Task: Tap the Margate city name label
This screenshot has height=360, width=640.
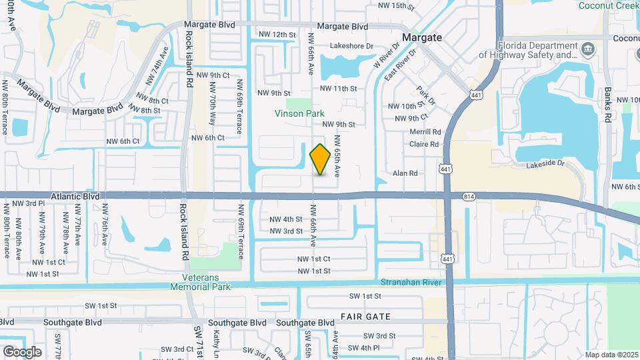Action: tap(421, 37)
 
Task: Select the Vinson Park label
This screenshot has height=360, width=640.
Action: tap(299, 113)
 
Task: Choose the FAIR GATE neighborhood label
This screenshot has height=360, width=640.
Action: tap(365, 316)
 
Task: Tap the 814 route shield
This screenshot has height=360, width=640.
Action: tap(469, 196)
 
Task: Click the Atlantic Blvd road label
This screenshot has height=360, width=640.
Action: tap(73, 197)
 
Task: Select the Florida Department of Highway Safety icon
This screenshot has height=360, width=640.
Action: tap(589, 49)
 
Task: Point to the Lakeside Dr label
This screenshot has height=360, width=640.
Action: tap(545, 163)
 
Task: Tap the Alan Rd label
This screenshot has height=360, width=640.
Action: tap(405, 173)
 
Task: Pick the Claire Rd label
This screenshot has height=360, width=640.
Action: tap(425, 144)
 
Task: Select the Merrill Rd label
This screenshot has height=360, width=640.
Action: tap(426, 132)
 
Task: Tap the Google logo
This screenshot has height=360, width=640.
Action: tap(21, 351)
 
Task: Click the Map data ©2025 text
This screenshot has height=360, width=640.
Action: tap(611, 355)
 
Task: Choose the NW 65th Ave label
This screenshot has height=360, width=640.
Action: tap(338, 156)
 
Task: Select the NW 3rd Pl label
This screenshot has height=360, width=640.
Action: tap(27, 203)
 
